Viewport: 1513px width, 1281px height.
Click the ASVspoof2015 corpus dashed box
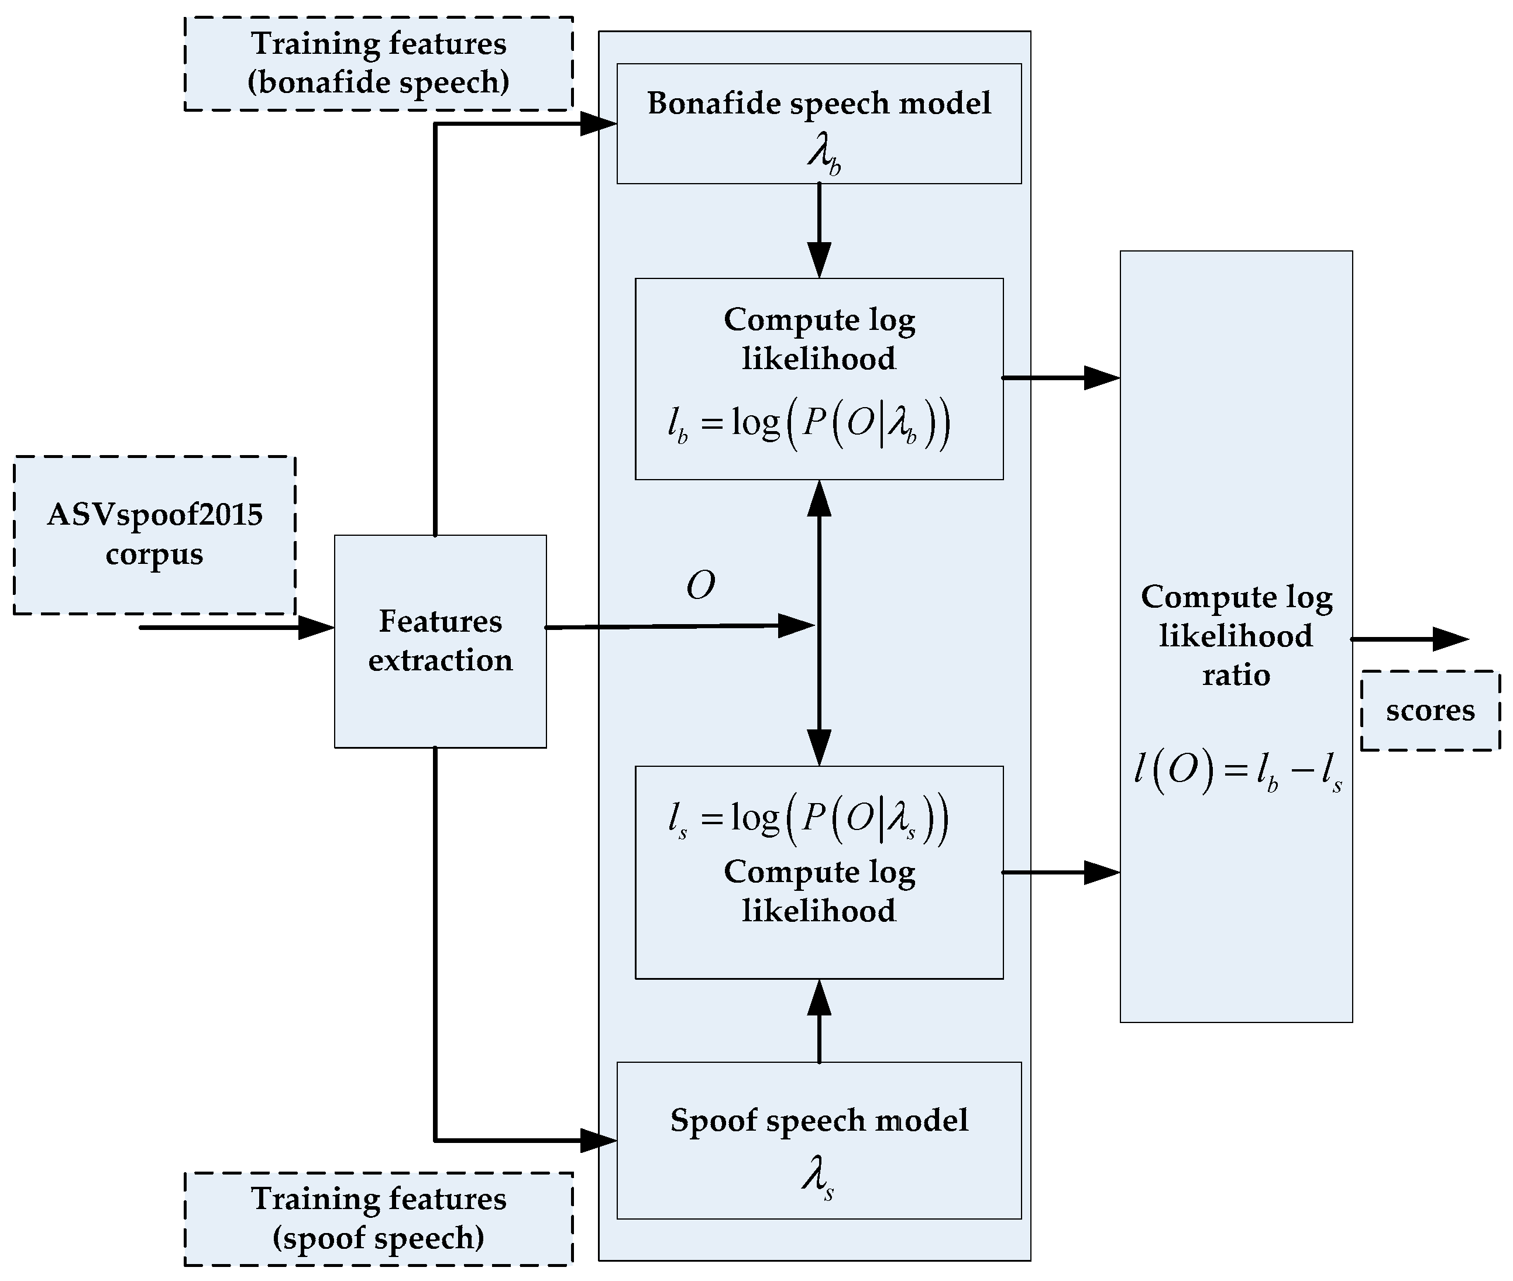tap(154, 535)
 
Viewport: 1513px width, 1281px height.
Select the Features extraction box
tap(440, 641)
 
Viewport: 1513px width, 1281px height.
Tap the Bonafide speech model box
tap(819, 123)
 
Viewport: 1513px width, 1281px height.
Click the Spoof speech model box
tap(819, 1140)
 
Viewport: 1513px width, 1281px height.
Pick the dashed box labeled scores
tap(1429, 710)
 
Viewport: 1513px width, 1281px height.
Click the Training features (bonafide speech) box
tap(379, 64)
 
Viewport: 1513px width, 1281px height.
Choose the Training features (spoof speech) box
tap(379, 1218)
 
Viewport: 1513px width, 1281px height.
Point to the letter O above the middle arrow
tap(701, 586)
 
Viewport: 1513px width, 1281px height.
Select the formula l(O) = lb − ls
tap(1237, 770)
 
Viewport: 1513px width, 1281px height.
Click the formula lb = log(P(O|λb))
tap(809, 423)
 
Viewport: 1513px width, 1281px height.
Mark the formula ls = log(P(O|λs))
tap(809, 819)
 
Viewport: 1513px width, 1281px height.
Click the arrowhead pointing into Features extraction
tap(316, 628)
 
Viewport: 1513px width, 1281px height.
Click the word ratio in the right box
tap(1236, 676)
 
